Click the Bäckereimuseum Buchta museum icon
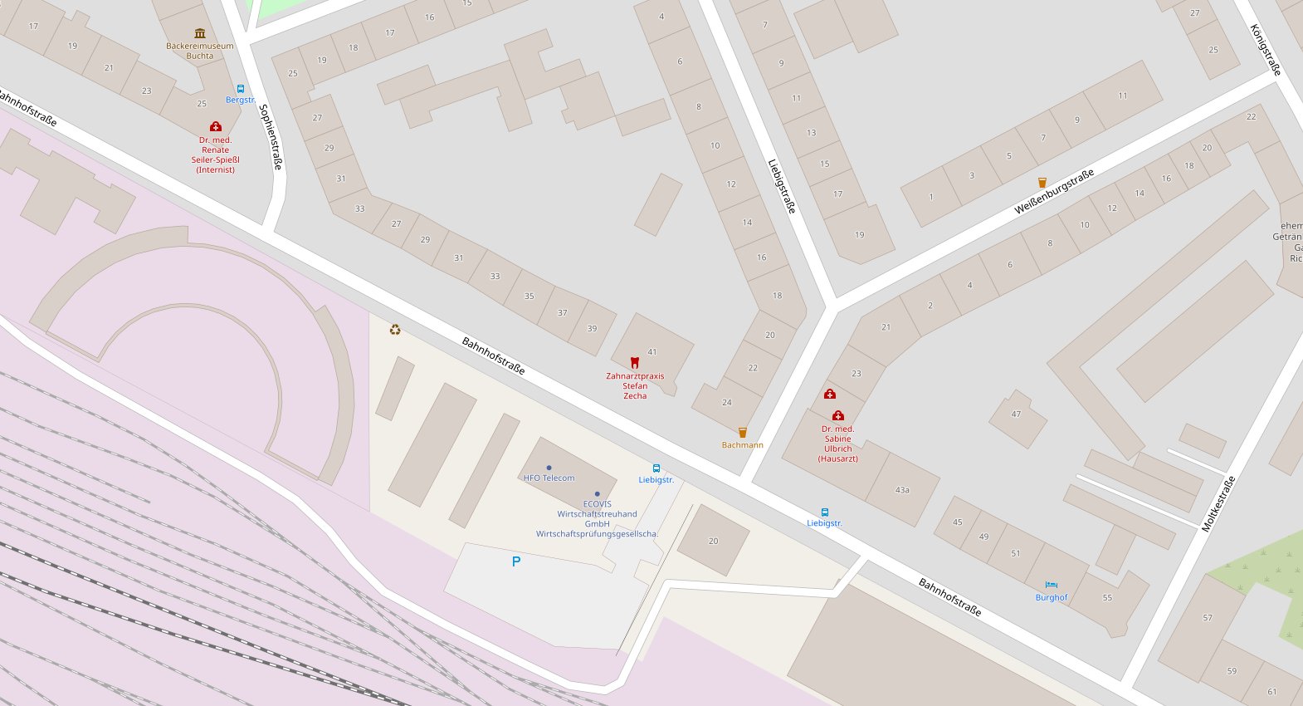pos(199,33)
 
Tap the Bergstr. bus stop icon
pos(241,89)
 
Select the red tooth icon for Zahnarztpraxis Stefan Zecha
pos(635,362)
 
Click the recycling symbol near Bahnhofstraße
pos(395,330)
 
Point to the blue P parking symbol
pos(516,561)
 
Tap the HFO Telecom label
pos(549,478)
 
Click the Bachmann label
pos(742,445)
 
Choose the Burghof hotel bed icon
pos(1052,585)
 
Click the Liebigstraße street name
pos(782,186)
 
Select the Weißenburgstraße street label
pos(1054,191)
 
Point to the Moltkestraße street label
pos(1218,503)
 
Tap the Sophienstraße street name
pos(271,137)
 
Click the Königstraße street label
pos(1266,50)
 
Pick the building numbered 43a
pos(902,490)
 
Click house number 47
pos(1016,414)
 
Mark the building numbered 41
pos(652,351)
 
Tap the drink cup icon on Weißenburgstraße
pos(1042,183)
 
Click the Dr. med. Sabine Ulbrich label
pos(838,444)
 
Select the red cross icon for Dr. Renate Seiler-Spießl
pos(216,126)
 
